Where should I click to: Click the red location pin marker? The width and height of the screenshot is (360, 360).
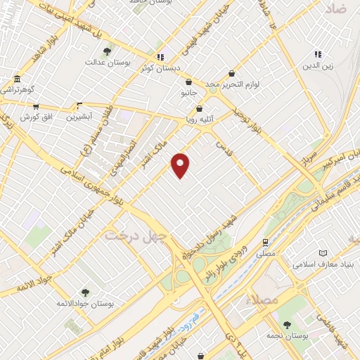[x=181, y=165]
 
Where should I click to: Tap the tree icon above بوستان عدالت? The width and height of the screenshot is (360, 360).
[x=107, y=51]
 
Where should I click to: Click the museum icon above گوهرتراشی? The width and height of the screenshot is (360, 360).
[x=16, y=79]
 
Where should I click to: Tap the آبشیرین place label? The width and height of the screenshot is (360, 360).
[x=79, y=117]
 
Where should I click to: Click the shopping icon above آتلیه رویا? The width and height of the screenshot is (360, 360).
[x=200, y=108]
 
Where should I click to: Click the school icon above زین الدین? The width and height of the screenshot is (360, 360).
[x=318, y=54]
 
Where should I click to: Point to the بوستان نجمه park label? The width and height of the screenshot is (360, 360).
[x=287, y=336]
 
